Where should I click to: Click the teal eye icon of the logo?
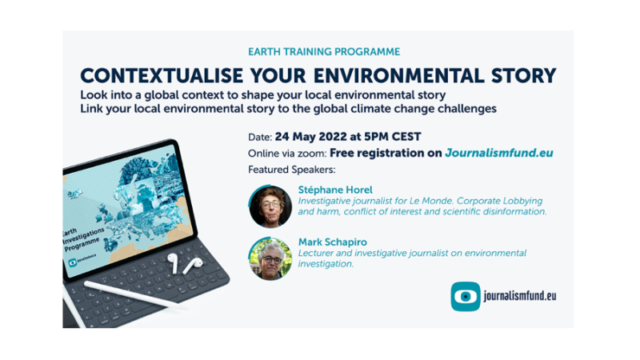click(465, 296)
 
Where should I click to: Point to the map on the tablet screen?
click(128, 200)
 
